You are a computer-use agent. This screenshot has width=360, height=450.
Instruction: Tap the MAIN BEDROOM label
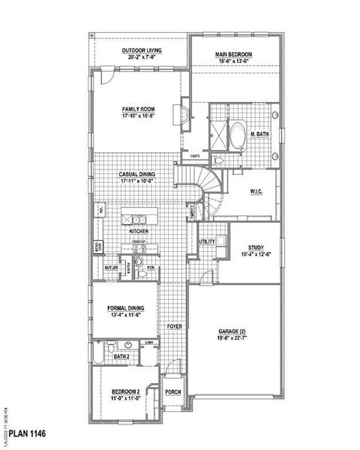tap(233, 55)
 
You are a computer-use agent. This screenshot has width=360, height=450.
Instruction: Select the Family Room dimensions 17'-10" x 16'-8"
tap(139, 116)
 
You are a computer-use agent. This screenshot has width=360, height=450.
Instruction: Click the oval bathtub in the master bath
tap(236, 136)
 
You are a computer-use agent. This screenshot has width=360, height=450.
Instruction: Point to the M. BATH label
tap(259, 134)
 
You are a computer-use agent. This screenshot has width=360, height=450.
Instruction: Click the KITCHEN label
tap(139, 232)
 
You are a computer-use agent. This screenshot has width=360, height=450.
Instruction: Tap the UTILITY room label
tap(207, 241)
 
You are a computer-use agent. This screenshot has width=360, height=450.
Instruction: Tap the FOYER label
tap(174, 327)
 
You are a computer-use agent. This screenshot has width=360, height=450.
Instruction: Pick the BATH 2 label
tap(121, 357)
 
